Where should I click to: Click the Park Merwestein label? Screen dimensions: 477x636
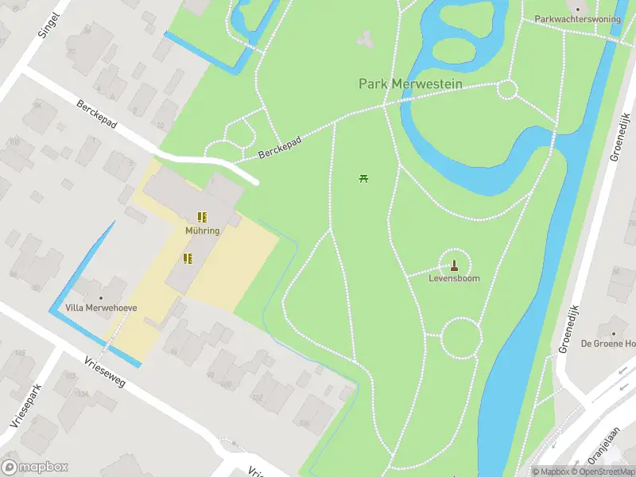pyautogui.click(x=405, y=83)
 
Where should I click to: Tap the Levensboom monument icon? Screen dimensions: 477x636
pyautogui.click(x=455, y=265)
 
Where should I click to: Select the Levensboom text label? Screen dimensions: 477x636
pyautogui.click(x=454, y=279)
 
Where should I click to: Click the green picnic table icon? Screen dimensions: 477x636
pyautogui.click(x=364, y=178)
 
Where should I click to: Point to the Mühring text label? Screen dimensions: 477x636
pyautogui.click(x=202, y=231)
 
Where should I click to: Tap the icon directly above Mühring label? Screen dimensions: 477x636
pyautogui.click(x=202, y=216)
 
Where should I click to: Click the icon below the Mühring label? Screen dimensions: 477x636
pyautogui.click(x=188, y=258)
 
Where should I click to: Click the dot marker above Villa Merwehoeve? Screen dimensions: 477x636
pyautogui.click(x=100, y=297)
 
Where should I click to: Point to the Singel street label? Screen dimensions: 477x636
pyautogui.click(x=48, y=25)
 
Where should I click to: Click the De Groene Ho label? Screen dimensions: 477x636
pyautogui.click(x=608, y=343)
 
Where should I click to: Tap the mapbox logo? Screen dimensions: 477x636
pyautogui.click(x=35, y=467)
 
